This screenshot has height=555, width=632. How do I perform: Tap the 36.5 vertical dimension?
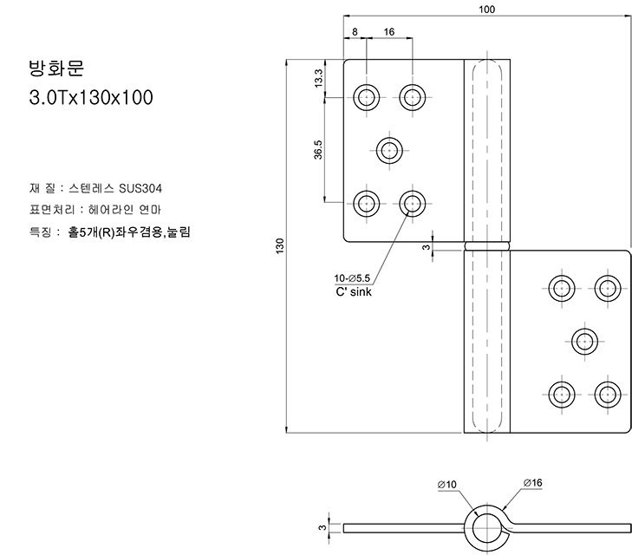318,149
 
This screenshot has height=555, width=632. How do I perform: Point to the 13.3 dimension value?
318,78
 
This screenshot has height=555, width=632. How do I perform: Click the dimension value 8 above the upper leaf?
355,31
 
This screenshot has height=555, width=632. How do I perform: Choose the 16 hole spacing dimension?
388,31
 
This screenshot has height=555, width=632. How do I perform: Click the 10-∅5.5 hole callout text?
352,278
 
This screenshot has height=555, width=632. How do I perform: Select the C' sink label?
353,291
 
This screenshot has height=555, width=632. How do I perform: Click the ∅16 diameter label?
532,482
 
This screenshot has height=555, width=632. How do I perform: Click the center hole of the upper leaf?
390,150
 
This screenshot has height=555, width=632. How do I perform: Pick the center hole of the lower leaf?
584,340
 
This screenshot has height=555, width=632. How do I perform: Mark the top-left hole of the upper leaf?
368,96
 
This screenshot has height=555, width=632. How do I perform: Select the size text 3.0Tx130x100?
91,98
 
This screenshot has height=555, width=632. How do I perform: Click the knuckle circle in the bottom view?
488,527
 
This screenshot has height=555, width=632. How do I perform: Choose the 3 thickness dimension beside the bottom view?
321,526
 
